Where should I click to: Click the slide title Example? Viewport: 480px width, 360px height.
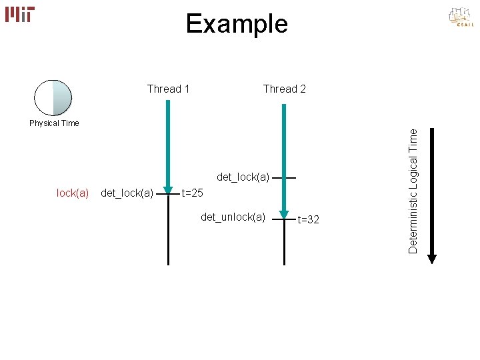[237, 24]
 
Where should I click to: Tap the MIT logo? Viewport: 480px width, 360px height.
[20, 14]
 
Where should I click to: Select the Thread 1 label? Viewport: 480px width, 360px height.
[168, 89]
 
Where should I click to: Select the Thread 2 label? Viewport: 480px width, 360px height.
[285, 89]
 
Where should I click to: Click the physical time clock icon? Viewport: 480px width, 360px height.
[53, 98]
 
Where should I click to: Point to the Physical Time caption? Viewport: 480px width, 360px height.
[54, 123]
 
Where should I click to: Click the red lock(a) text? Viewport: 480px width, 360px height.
[73, 193]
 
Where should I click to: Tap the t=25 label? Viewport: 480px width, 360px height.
[193, 193]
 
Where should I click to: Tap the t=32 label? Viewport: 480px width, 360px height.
[308, 219]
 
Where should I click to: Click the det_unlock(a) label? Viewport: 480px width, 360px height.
[233, 217]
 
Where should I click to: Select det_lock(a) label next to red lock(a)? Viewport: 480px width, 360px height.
[127, 193]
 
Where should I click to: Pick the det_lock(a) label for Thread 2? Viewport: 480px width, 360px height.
[243, 177]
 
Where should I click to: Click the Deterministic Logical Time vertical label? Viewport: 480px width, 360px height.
[413, 191]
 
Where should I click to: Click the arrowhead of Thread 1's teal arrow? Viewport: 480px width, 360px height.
[169, 187]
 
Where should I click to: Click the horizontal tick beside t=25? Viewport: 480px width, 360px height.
[168, 194]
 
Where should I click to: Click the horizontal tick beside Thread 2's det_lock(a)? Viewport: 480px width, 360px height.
[285, 178]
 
